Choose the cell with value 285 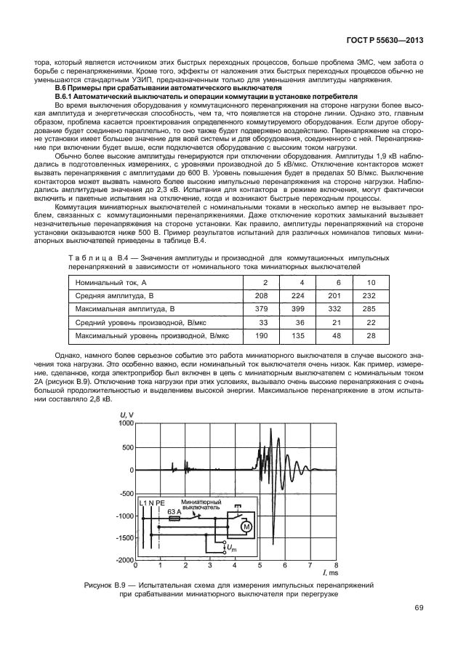click(x=371, y=309)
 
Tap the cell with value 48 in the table click(x=337, y=336)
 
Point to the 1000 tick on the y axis click(x=126, y=423)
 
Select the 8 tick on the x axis click(x=336, y=565)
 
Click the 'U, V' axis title click(x=126, y=415)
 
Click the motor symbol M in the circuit click(x=246, y=526)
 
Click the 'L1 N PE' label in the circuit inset click(x=153, y=503)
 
